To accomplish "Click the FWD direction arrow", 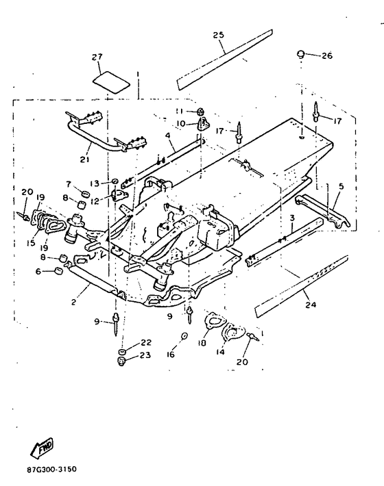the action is click(42, 448).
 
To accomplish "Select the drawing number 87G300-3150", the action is click(51, 470).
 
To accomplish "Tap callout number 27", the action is click(97, 57).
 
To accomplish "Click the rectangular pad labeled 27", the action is click(112, 82).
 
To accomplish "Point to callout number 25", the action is click(219, 35).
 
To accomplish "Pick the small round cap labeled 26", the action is click(300, 55).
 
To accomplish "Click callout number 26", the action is click(326, 55).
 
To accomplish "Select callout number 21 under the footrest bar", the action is click(84, 159).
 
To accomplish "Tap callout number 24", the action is click(311, 305).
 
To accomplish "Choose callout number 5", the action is click(341, 186).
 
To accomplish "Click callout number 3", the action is click(292, 218).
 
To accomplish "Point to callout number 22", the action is click(146, 342).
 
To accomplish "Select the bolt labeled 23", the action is click(121, 361).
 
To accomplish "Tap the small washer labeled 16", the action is click(184, 336).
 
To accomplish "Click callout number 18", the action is click(202, 343).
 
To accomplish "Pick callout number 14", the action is click(220, 352).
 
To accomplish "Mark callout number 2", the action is click(73, 302).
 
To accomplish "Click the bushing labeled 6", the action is click(58, 271).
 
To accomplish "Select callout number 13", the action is click(95, 183).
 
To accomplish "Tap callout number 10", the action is click(180, 124).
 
